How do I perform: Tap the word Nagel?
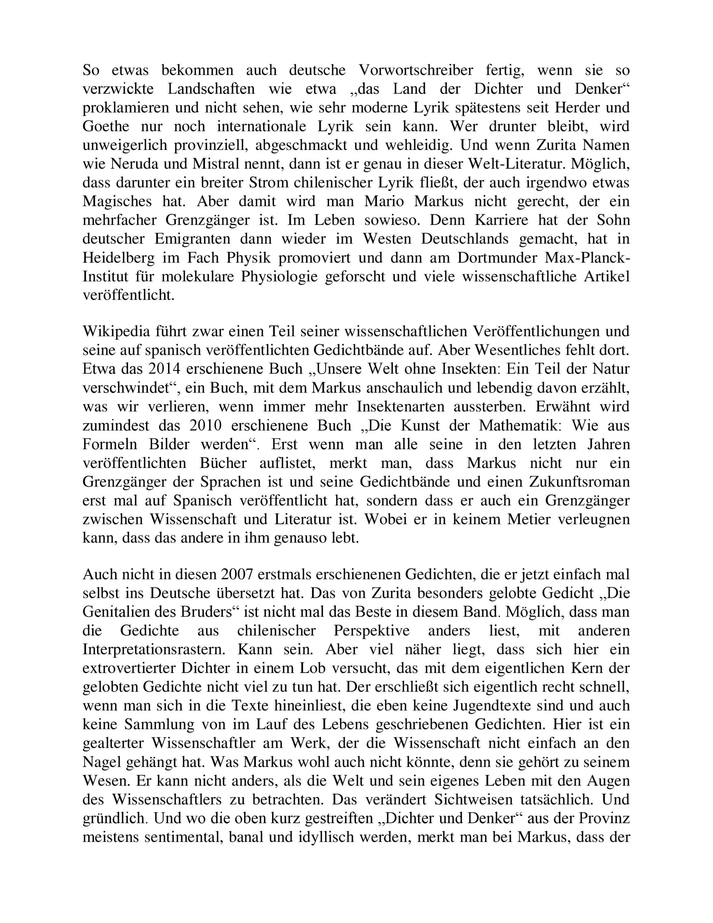102,762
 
